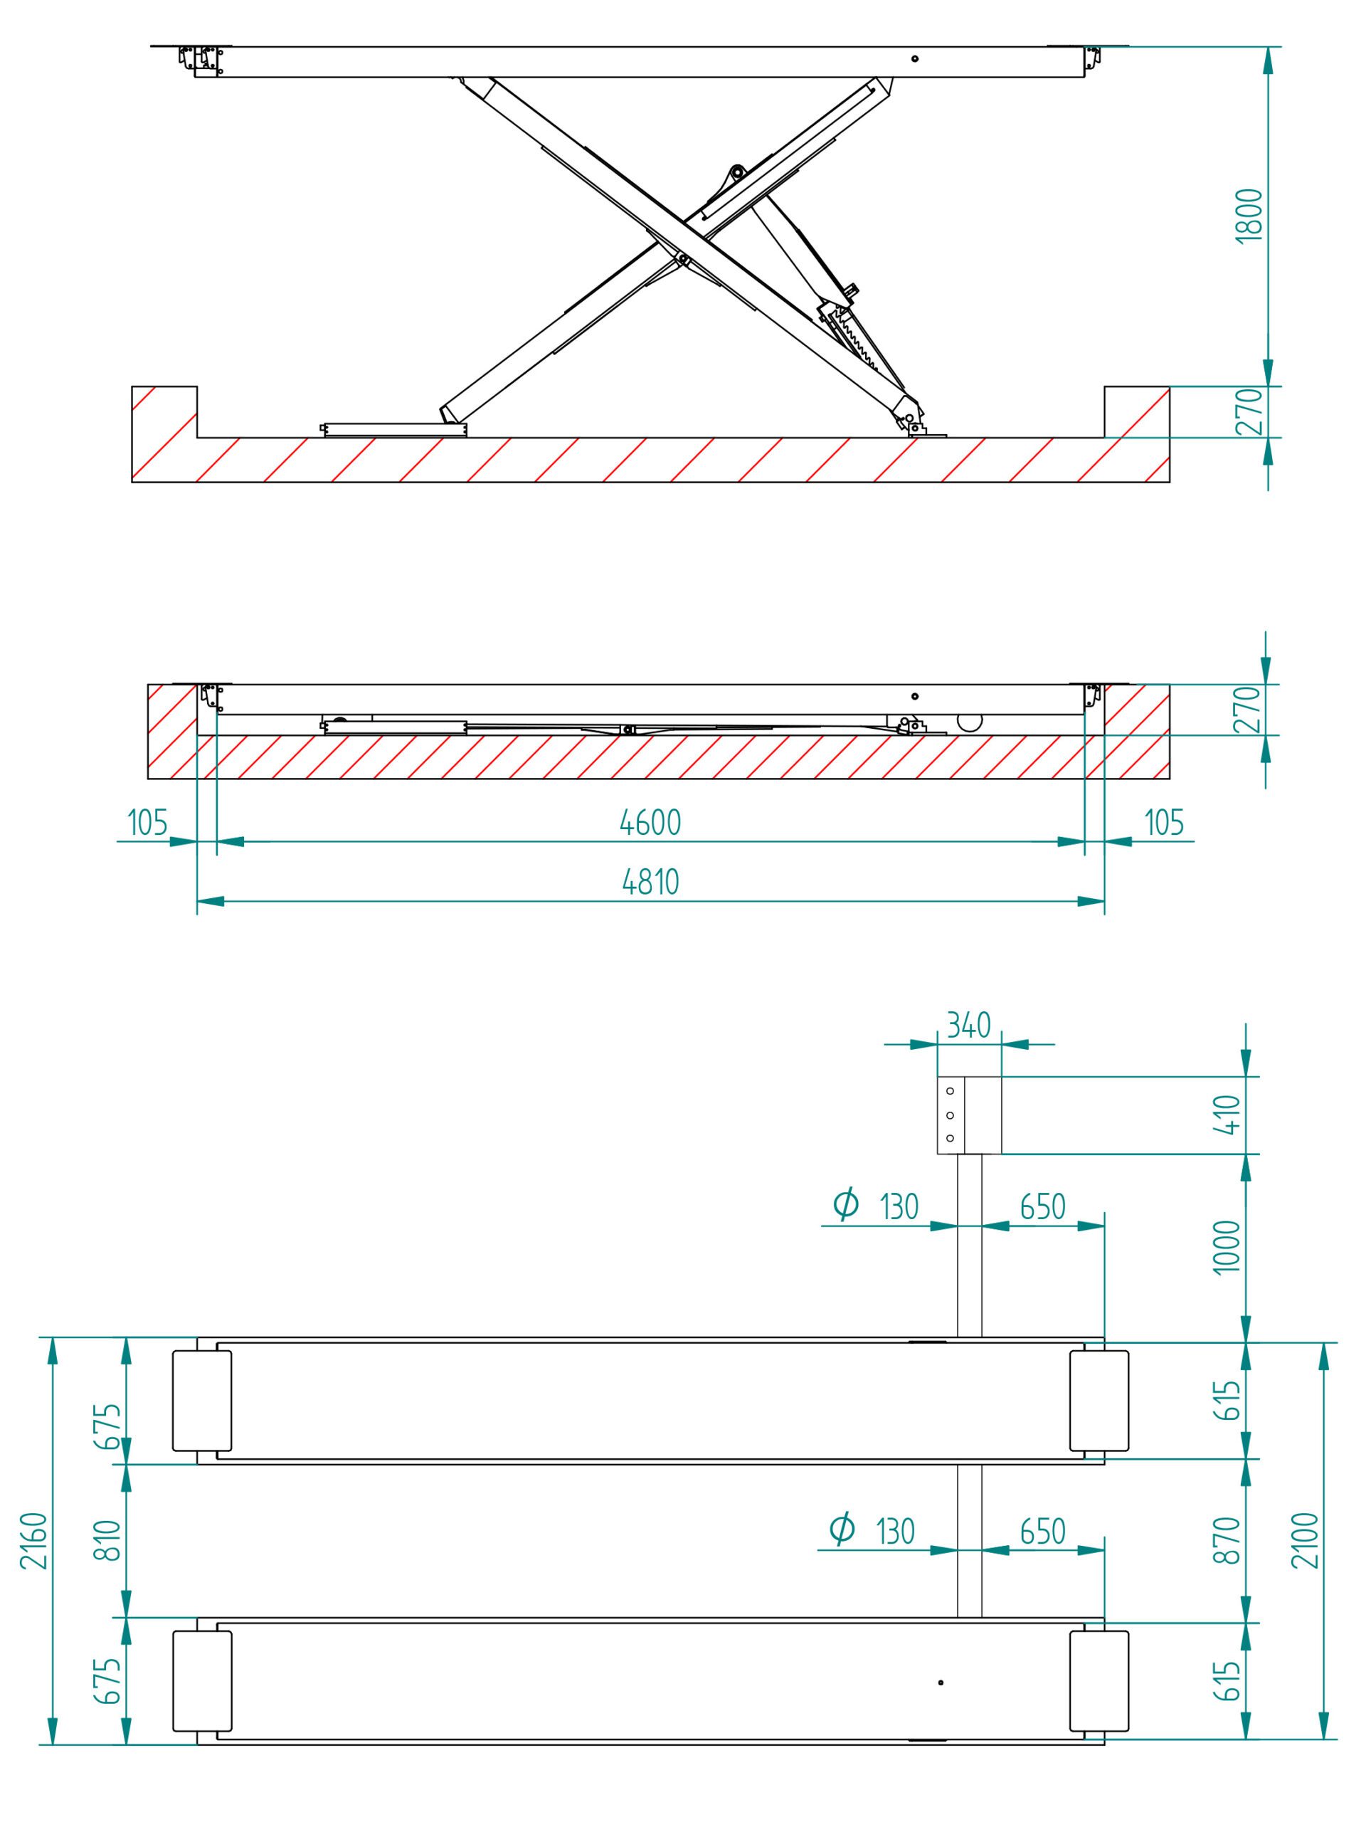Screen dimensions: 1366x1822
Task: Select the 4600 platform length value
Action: (650, 822)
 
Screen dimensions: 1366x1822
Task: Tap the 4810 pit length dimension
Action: (650, 882)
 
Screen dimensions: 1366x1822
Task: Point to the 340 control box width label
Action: (968, 1026)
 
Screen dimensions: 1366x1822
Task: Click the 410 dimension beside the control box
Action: (1227, 1115)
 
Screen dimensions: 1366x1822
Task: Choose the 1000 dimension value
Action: (1227, 1246)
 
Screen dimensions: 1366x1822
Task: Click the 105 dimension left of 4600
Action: (148, 822)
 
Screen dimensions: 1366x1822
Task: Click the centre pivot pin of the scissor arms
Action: (682, 258)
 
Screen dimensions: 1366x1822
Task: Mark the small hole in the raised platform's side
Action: (915, 59)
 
